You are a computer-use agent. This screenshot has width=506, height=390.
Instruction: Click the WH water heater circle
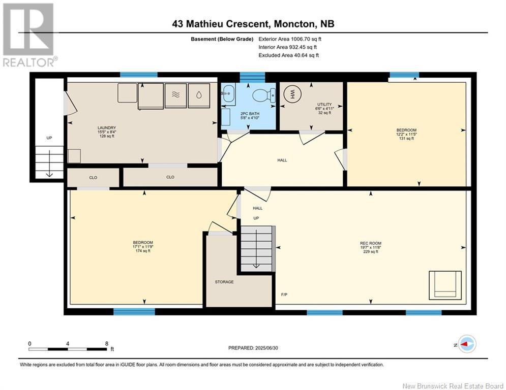(x=292, y=94)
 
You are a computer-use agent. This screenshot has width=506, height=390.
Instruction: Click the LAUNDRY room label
(x=106, y=128)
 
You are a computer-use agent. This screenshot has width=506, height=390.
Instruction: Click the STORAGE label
(x=224, y=282)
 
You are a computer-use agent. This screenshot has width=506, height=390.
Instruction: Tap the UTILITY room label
(x=324, y=105)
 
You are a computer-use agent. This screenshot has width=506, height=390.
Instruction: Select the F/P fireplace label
(x=284, y=294)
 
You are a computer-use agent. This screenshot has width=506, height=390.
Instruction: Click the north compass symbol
(x=466, y=344)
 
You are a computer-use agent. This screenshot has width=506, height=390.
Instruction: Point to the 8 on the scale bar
(x=106, y=344)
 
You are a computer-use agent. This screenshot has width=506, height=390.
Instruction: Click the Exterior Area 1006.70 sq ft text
(x=290, y=39)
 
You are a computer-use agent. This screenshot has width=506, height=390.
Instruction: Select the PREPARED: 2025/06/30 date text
(x=253, y=348)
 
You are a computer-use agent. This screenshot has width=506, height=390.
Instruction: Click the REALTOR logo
(x=28, y=35)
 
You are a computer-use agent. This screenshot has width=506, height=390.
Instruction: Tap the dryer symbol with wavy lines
(x=175, y=96)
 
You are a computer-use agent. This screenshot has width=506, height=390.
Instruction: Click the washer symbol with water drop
(x=199, y=96)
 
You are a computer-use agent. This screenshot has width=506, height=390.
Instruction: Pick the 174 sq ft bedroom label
(x=143, y=251)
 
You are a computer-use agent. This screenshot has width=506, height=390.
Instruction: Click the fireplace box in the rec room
(x=445, y=285)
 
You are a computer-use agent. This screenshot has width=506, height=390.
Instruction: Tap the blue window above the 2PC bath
(x=252, y=77)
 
